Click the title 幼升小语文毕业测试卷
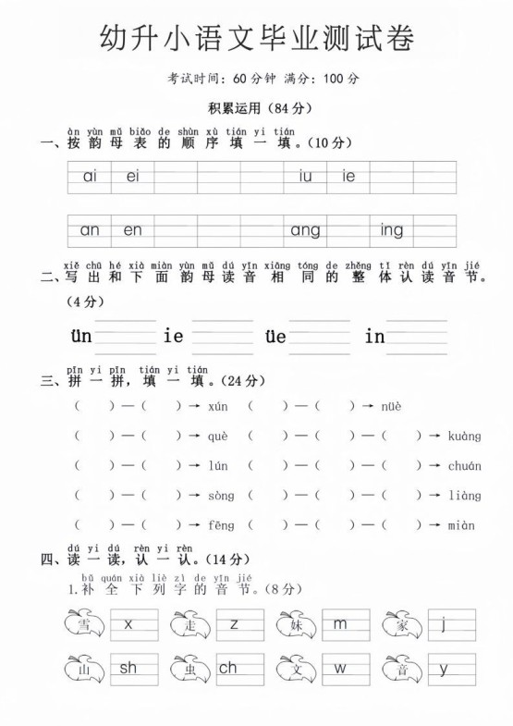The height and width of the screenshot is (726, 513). [x=256, y=38]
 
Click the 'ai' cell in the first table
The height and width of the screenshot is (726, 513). [x=90, y=177]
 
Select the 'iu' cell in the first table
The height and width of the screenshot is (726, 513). [x=305, y=177]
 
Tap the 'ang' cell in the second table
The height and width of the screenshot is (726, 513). [x=305, y=230]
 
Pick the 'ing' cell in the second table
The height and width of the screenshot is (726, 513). [x=391, y=230]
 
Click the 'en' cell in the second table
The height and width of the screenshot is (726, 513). [x=133, y=230]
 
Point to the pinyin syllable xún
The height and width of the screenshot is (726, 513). [x=218, y=406]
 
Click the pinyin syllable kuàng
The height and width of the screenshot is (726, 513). [x=464, y=436]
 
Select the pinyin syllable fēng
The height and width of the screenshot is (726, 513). [x=221, y=525]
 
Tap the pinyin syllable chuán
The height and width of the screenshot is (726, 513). [x=464, y=466]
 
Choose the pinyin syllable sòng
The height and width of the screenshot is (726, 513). [x=221, y=496]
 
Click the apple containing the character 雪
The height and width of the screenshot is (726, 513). [x=84, y=625]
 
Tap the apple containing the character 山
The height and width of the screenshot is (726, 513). [x=84, y=669]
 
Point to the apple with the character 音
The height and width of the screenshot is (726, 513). [x=403, y=669]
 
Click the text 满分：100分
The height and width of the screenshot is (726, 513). [x=323, y=79]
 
